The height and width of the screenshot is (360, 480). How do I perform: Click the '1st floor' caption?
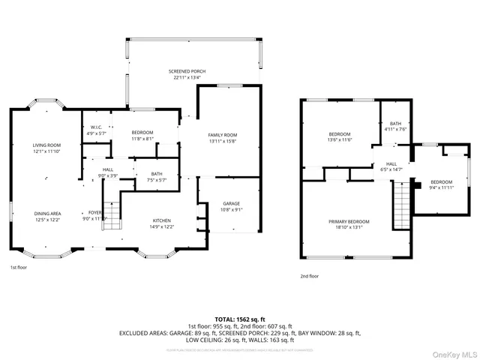[19, 267]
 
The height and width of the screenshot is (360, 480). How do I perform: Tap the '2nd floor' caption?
[309, 277]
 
